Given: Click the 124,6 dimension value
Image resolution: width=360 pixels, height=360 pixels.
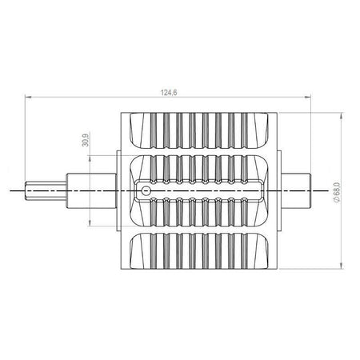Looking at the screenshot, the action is click(169, 93).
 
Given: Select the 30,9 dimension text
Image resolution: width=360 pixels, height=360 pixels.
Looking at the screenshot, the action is click(86, 139).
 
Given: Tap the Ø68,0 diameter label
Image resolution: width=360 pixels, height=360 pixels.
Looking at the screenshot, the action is click(337, 192).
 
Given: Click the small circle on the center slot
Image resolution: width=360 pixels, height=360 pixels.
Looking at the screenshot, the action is click(146, 190).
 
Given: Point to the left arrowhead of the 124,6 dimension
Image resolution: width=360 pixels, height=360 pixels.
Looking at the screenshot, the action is click(28, 98).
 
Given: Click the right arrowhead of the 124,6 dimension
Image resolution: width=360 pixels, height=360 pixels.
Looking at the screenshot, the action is click(308, 98).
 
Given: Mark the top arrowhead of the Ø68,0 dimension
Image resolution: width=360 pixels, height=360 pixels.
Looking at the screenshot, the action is click(341, 116).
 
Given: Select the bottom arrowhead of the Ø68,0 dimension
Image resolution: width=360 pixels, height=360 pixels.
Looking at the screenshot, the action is click(341, 266).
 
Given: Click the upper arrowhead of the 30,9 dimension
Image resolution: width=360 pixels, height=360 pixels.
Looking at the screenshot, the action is click(90, 158).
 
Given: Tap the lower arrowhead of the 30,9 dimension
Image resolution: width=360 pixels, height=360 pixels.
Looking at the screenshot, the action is click(90, 223).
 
